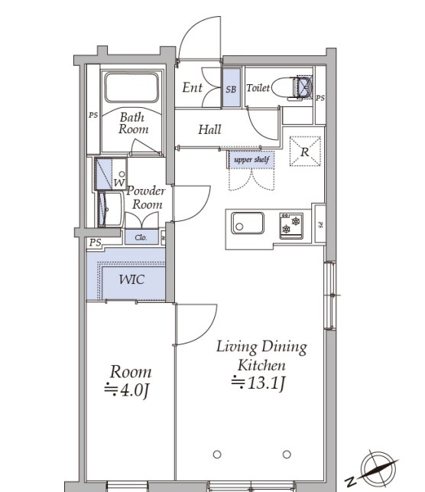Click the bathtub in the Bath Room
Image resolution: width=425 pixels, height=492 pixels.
click(x=131, y=87)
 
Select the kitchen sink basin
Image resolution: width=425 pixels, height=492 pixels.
click(x=248, y=223)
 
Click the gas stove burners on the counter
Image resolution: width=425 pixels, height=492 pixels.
click(x=291, y=226)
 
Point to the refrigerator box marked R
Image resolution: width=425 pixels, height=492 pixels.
click(x=305, y=152)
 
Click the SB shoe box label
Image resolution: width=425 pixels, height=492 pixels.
click(x=231, y=90)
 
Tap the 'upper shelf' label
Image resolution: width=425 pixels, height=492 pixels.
click(x=251, y=160)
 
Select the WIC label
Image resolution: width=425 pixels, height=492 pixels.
click(x=132, y=279)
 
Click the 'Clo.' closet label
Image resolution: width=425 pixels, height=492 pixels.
click(x=141, y=237)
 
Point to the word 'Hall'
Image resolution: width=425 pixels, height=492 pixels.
click(x=209, y=129)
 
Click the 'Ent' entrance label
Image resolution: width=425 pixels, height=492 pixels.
click(x=192, y=87)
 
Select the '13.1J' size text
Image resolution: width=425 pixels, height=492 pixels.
click(x=266, y=383)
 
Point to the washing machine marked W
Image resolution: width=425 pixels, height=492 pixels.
click(x=111, y=174)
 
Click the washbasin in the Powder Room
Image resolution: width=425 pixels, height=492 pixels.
click(x=109, y=210)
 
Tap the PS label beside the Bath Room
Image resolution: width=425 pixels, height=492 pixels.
click(x=93, y=115)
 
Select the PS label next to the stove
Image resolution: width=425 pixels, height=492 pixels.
click(x=320, y=225)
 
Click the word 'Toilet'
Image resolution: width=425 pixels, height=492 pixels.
click(x=258, y=88)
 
